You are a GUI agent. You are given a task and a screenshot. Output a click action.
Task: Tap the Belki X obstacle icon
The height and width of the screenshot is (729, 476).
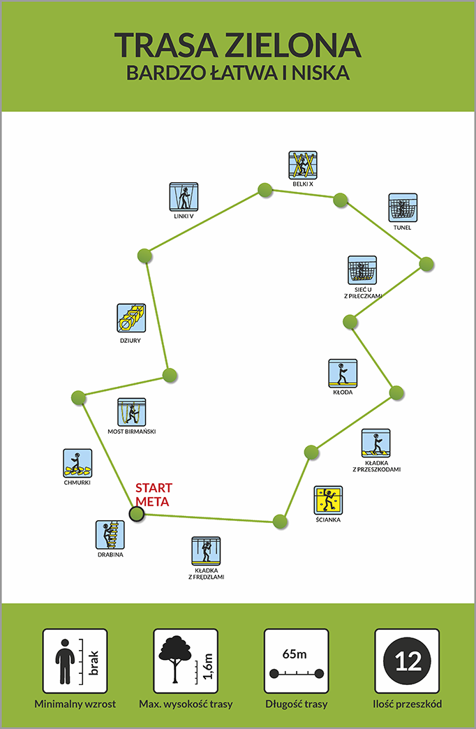(303, 165)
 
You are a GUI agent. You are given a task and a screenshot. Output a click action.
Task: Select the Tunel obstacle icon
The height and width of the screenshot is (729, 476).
(403, 208)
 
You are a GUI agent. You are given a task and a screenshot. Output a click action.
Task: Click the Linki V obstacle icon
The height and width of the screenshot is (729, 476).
(184, 197)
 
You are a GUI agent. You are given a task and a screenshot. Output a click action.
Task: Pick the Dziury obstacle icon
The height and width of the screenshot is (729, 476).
(131, 318)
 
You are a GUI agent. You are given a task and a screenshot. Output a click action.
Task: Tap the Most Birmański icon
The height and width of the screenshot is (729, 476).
(131, 412)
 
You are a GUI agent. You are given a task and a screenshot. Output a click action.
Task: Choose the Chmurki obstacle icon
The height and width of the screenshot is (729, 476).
(77, 463)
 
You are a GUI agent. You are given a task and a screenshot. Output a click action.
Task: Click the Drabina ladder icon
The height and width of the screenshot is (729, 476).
(110, 535)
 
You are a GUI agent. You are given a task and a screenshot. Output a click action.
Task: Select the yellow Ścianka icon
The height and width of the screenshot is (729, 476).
(328, 500)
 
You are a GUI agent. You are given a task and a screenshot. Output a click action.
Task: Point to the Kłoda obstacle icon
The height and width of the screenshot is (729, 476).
(343, 373)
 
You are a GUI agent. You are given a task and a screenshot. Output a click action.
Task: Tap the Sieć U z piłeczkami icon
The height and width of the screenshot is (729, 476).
(362, 270)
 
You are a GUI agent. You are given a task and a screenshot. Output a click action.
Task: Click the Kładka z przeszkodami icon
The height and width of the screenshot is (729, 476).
(375, 443)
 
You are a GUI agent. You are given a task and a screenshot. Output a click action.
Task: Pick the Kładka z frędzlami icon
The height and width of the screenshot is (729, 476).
(206, 551)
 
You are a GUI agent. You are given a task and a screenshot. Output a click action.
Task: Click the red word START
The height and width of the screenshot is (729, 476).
(154, 487)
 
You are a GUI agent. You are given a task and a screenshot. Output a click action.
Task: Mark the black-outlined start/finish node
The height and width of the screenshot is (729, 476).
(137, 514)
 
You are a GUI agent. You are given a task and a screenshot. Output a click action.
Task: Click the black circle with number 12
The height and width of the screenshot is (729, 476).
(407, 661)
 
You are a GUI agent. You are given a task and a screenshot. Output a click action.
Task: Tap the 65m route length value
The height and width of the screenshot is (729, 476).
(295, 654)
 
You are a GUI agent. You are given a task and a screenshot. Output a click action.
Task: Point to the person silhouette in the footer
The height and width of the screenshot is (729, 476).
(65, 661)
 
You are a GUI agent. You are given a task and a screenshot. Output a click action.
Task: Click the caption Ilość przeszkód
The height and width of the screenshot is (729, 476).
(407, 704)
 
